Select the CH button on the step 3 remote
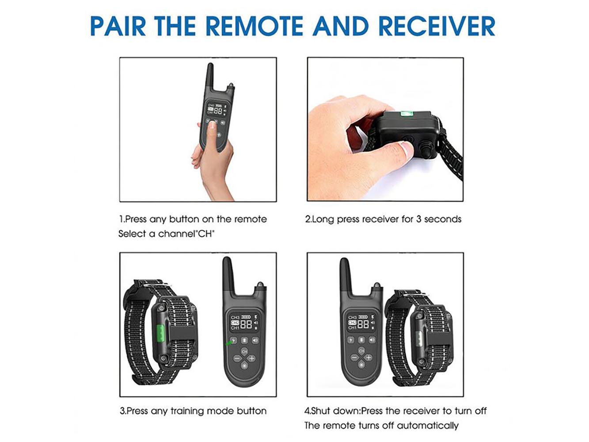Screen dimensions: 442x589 pyautogui.click(x=244, y=351)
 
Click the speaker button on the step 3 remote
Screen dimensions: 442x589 pyautogui.click(x=255, y=340)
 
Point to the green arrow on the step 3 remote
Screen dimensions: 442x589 pyautogui.click(x=229, y=343)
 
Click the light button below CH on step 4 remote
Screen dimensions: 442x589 pyautogui.click(x=361, y=365)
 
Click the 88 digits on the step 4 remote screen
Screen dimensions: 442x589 pyautogui.click(x=363, y=324)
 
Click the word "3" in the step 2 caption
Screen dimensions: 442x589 pyautogui.click(x=418, y=219)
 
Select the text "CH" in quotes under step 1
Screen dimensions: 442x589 pyautogui.click(x=205, y=234)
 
